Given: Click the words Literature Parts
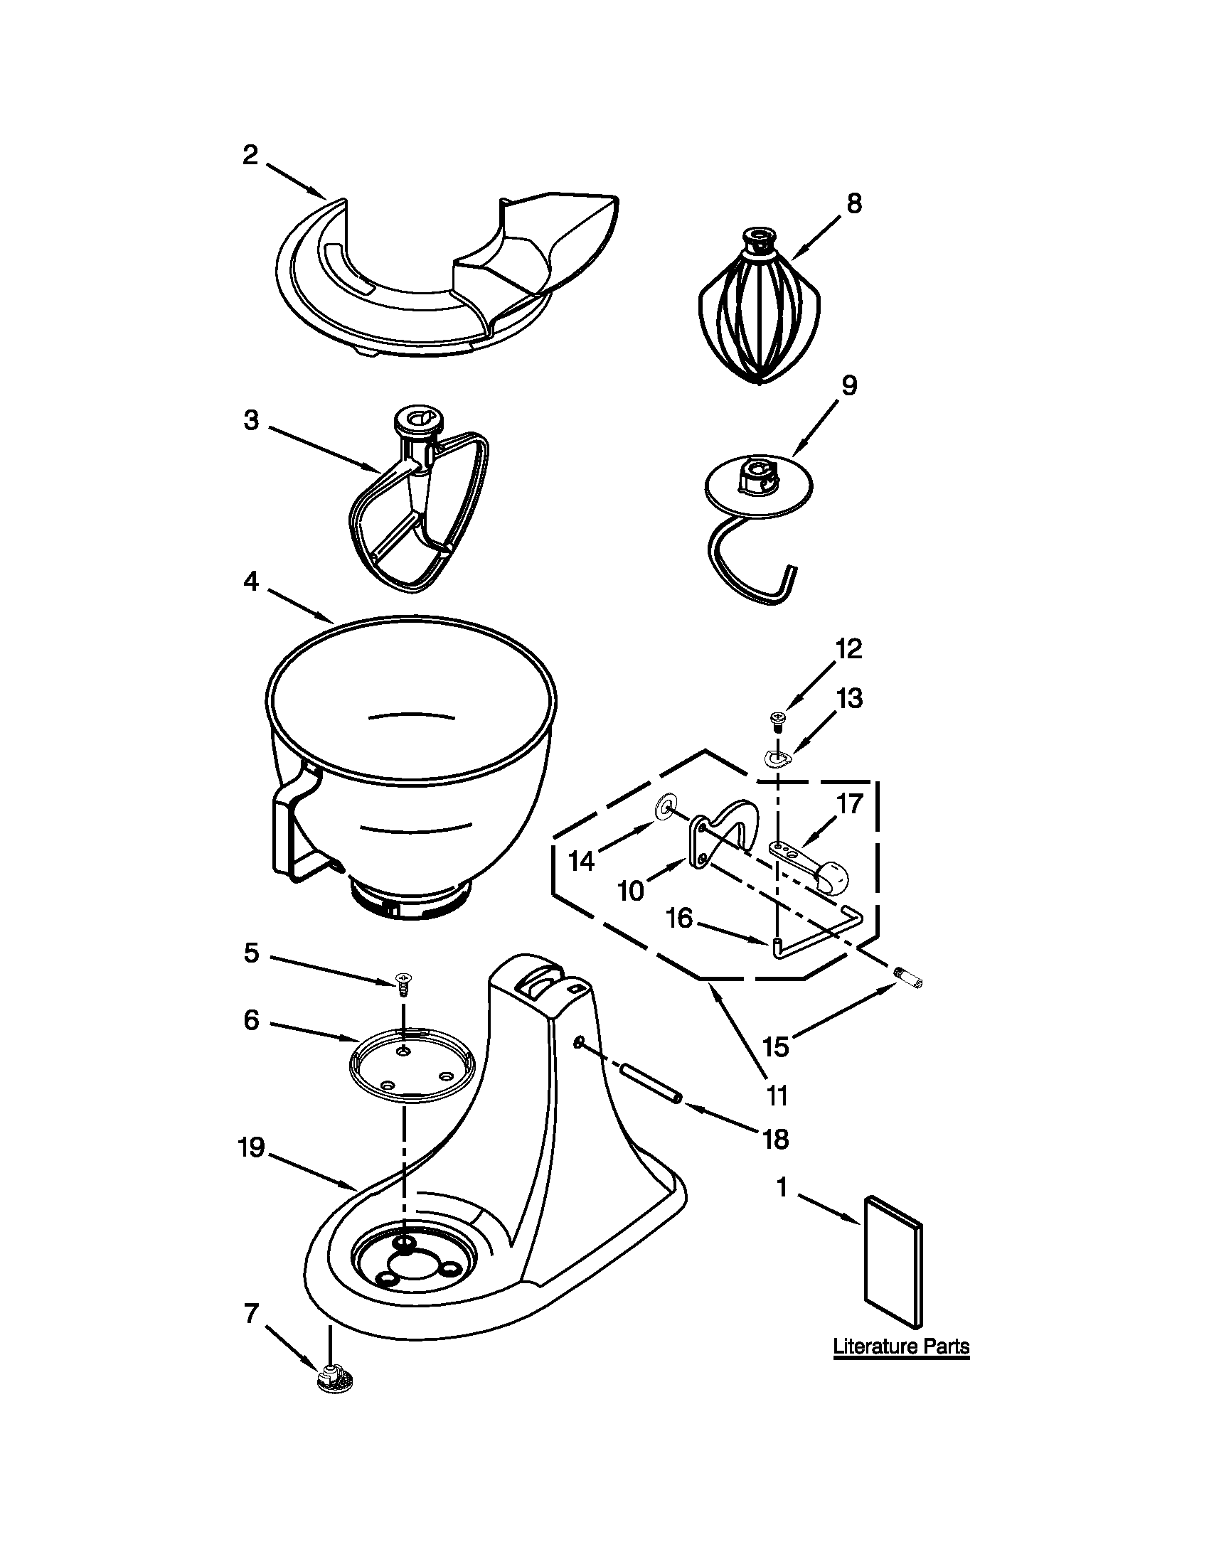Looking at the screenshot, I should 901,1346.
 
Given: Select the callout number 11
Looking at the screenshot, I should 777,1095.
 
